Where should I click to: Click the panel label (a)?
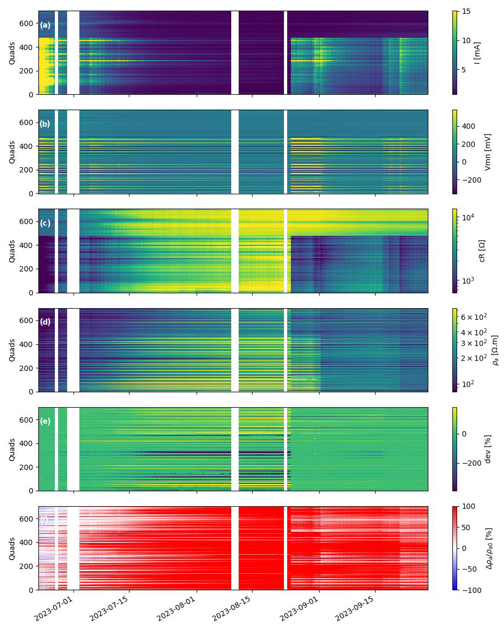click(45, 25)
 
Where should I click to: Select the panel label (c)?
click(45, 223)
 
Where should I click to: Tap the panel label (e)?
click(45, 421)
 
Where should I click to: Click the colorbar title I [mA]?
click(477, 53)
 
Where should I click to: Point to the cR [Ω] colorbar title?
click(482, 251)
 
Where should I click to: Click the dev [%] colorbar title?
click(487, 449)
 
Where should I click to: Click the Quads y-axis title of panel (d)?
click(12, 350)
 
